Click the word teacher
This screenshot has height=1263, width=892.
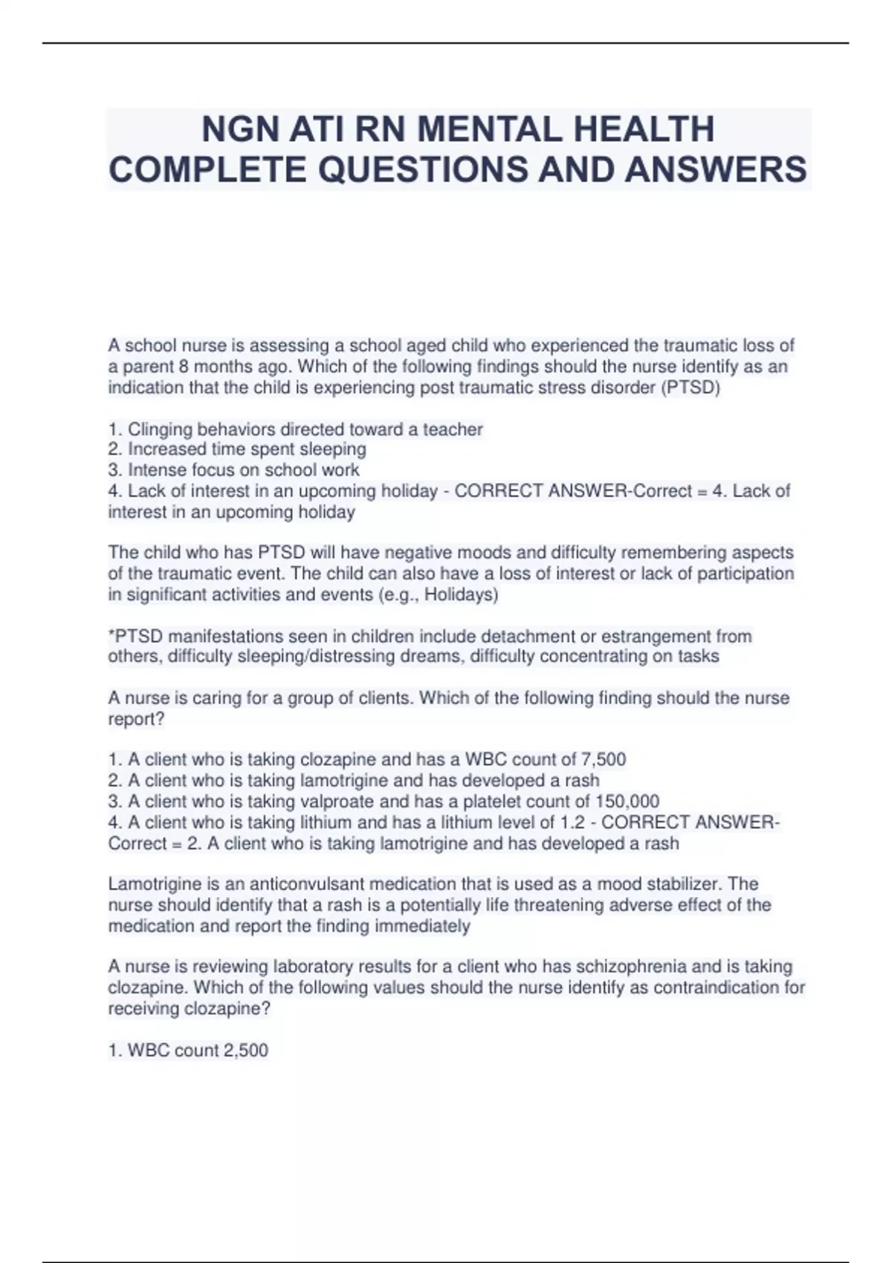coord(453,429)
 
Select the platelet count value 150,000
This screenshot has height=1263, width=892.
coord(627,802)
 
